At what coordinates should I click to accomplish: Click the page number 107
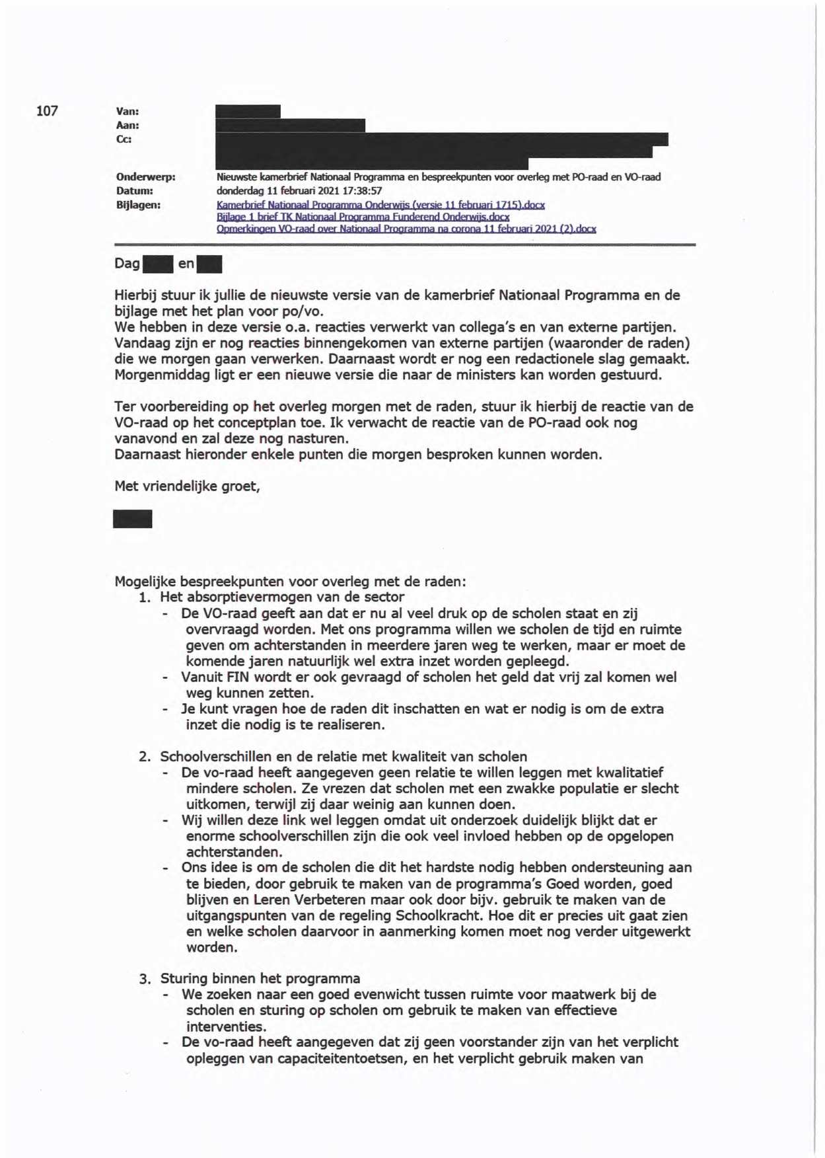point(47,111)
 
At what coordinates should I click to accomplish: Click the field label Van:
point(127,112)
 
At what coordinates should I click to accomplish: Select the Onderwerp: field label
point(145,177)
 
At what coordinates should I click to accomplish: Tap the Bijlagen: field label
point(138,205)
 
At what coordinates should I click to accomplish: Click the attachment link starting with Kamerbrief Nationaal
point(380,205)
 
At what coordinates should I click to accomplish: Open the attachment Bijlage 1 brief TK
point(363,217)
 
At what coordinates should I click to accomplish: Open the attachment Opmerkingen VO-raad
point(406,229)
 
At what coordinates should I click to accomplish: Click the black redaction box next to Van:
point(248,111)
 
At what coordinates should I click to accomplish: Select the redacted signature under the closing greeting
point(133,519)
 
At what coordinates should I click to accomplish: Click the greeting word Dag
point(127,264)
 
